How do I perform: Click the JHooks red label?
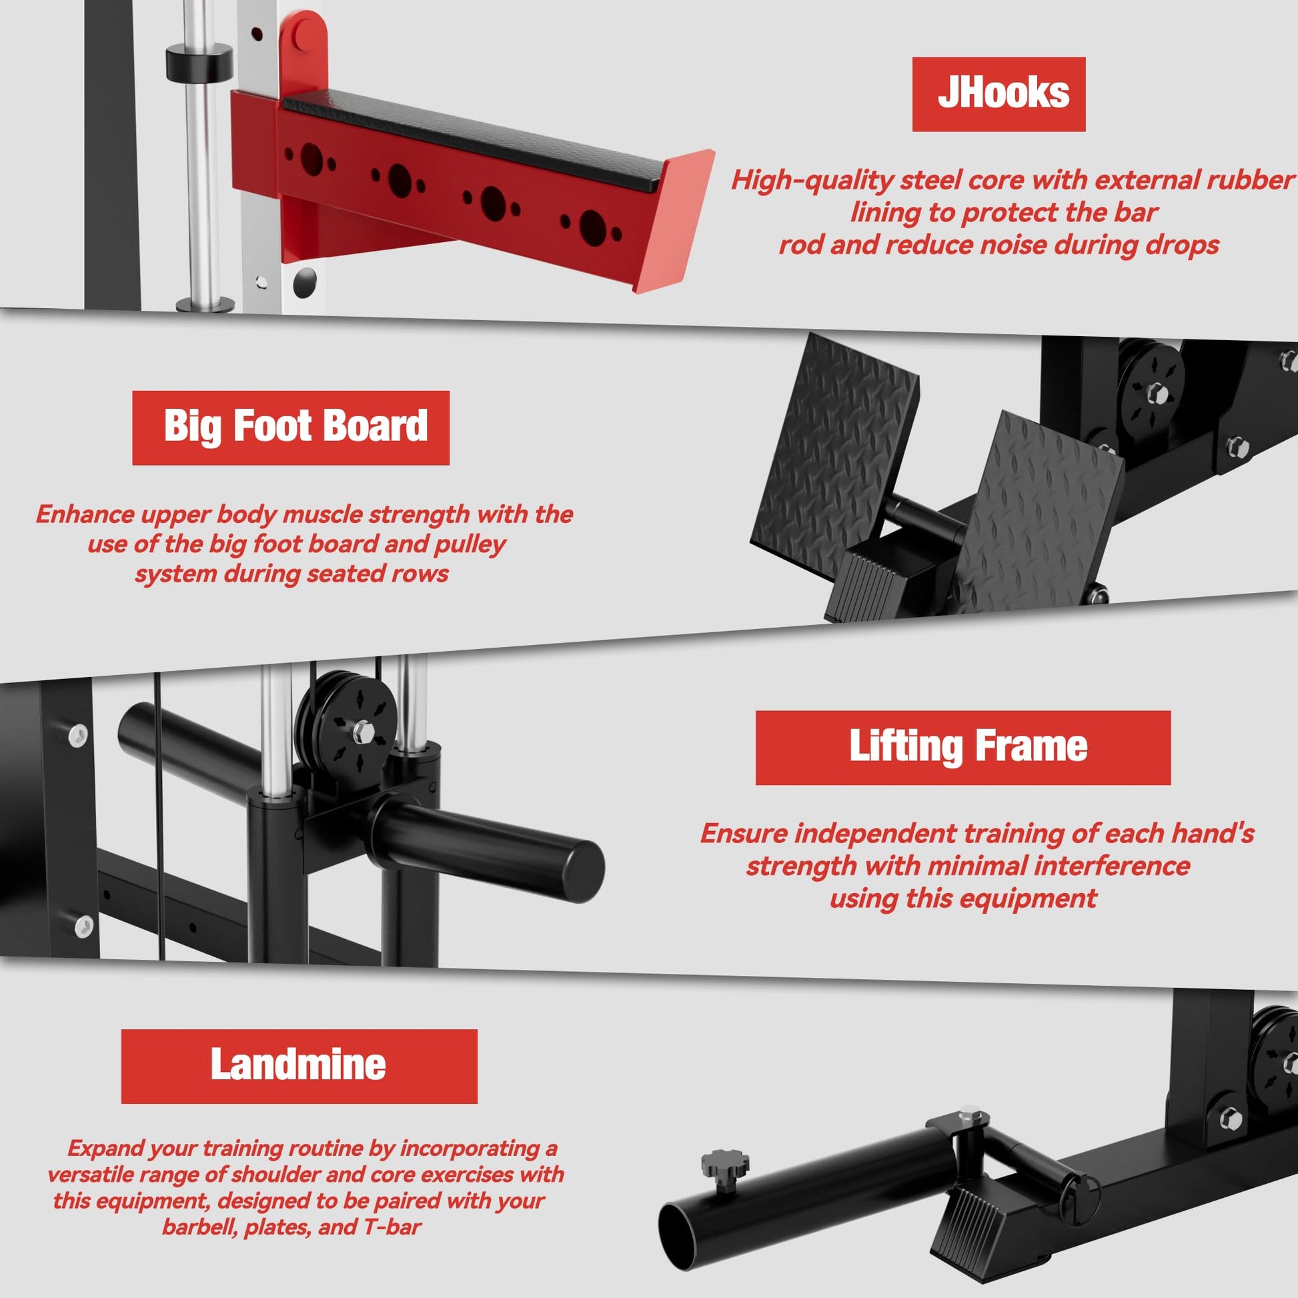pyautogui.click(x=999, y=94)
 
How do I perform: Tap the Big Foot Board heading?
pyautogui.click(x=291, y=428)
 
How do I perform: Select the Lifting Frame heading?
pyautogui.click(x=962, y=748)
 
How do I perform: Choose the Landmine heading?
pyautogui.click(x=299, y=1066)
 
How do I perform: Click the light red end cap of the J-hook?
pyautogui.click(x=674, y=220)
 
